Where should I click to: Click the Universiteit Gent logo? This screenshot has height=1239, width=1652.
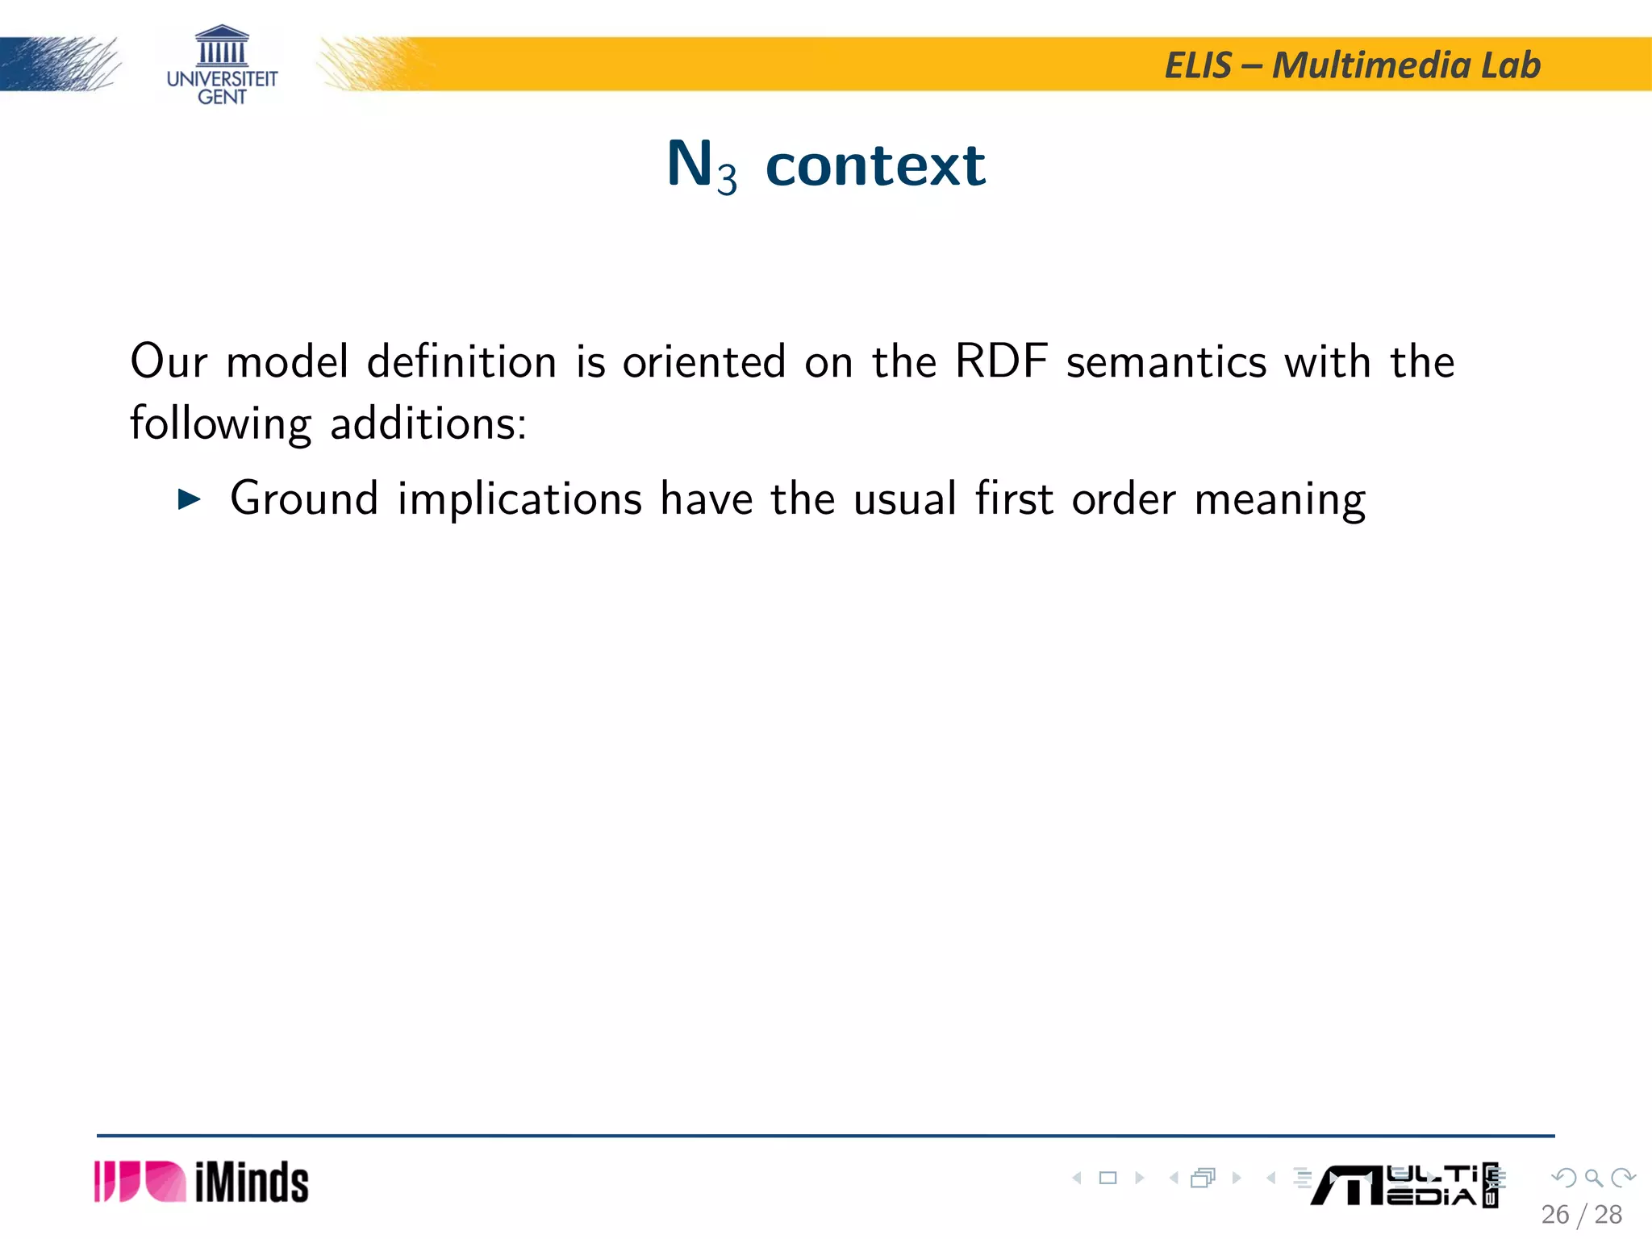click(222, 65)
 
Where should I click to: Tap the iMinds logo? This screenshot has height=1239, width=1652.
click(202, 1183)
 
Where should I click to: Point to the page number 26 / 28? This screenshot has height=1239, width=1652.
click(1581, 1215)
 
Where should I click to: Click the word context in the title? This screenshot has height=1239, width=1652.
click(875, 165)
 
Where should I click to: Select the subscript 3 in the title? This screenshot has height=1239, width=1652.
click(727, 179)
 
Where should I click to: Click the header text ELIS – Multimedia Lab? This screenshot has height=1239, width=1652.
click(1353, 65)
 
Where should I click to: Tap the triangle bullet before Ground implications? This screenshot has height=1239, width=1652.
click(189, 500)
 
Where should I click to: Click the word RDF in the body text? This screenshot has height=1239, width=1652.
click(1001, 361)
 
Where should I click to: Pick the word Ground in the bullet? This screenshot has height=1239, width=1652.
click(304, 499)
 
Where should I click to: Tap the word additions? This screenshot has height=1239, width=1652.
click(428, 423)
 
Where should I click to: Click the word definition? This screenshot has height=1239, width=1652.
click(461, 361)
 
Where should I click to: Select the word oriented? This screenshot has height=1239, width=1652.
click(704, 362)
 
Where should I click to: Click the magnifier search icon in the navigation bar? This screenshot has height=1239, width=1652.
click(1593, 1179)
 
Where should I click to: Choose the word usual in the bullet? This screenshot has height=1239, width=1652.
click(905, 499)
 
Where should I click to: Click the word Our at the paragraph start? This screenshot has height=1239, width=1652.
click(169, 361)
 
